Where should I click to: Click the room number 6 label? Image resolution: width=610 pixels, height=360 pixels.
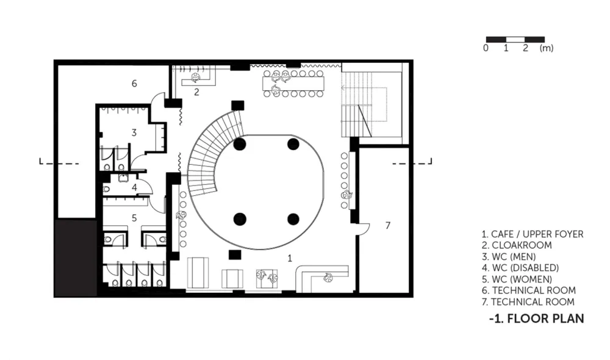(x=134, y=83)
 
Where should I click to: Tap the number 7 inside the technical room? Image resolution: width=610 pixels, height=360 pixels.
(x=387, y=225)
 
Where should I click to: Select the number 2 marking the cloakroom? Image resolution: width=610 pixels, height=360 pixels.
(x=196, y=92)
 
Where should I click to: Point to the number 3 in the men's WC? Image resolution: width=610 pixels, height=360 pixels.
(x=134, y=133)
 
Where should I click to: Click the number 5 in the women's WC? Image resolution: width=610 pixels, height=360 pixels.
(x=134, y=218)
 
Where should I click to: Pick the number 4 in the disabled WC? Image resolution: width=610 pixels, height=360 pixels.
(x=134, y=187)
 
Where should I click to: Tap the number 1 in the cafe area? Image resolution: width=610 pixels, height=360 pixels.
(x=289, y=258)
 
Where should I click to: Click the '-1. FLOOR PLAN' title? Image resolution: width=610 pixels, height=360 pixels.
(x=536, y=319)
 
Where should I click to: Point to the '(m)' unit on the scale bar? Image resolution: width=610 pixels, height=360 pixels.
(x=546, y=48)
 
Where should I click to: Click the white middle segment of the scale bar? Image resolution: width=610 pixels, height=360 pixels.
(x=515, y=39)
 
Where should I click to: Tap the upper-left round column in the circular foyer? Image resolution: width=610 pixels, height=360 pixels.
(x=240, y=145)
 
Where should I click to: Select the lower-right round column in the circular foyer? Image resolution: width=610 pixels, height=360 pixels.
(x=293, y=219)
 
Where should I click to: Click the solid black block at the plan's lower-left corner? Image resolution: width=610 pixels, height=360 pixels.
(x=76, y=257)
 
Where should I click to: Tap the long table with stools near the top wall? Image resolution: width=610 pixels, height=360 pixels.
(x=294, y=83)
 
